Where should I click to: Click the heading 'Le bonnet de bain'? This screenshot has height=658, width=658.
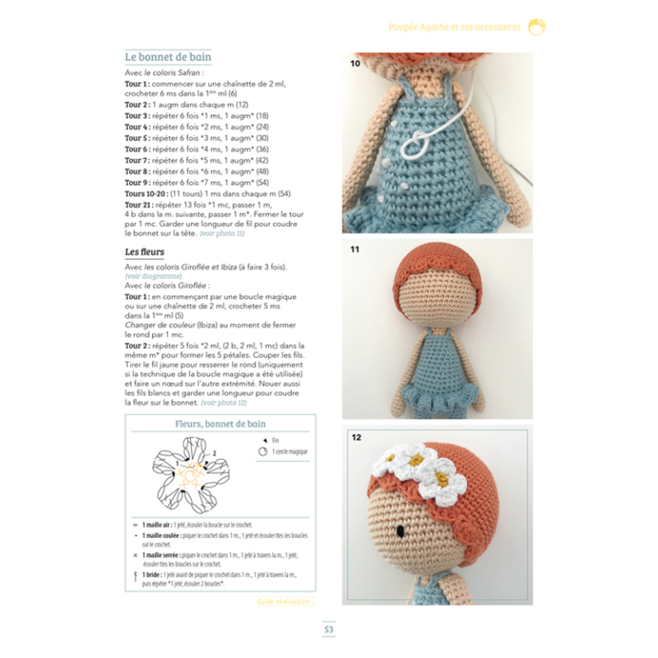(168, 58)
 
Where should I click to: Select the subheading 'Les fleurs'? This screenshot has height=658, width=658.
(145, 251)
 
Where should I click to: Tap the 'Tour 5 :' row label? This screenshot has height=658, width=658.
(137, 138)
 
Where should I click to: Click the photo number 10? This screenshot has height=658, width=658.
(355, 63)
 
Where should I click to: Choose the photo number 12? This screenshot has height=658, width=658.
(356, 437)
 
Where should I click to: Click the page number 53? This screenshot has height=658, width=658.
(328, 630)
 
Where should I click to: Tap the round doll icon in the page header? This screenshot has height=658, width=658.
(536, 26)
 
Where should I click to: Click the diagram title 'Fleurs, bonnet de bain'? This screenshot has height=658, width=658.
(220, 424)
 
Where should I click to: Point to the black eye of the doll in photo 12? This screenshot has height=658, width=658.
(399, 531)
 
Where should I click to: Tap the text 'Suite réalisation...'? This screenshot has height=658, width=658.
(284, 602)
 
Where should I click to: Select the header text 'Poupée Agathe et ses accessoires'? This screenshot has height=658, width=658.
(454, 27)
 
